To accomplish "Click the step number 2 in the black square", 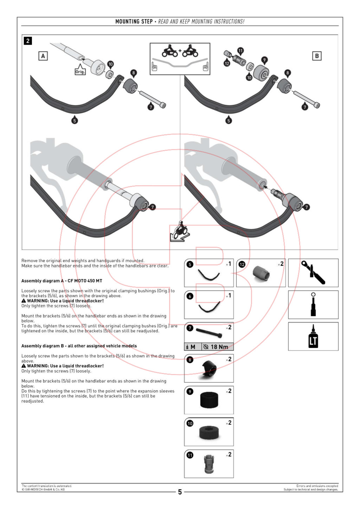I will point(28,41).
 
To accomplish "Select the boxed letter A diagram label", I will point(43,56).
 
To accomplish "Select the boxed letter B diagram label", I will point(317,56).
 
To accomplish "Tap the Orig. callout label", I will point(80,71).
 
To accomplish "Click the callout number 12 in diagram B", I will point(227,63).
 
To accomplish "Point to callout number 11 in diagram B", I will point(240,51).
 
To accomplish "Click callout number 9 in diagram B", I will point(264,60).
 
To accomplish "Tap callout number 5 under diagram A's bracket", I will point(75,121).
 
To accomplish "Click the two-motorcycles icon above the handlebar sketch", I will point(180,52).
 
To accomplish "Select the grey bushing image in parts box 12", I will point(261,274).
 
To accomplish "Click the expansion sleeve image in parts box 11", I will point(209,464).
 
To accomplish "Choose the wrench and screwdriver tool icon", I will point(313,273).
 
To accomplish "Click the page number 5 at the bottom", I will point(180,492).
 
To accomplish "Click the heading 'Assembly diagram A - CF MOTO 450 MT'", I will point(62,281).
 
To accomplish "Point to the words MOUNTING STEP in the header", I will point(134,21).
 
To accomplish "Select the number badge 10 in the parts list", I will point(190,423).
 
